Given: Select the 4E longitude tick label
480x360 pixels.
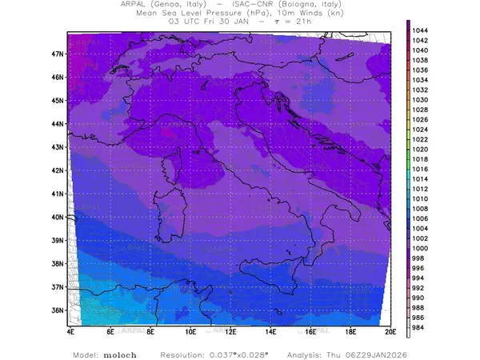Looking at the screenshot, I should [70, 330].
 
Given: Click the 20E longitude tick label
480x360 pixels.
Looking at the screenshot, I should [390, 330].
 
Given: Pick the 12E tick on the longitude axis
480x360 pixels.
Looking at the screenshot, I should [230, 330].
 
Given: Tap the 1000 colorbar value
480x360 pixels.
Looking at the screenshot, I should [420, 248].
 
